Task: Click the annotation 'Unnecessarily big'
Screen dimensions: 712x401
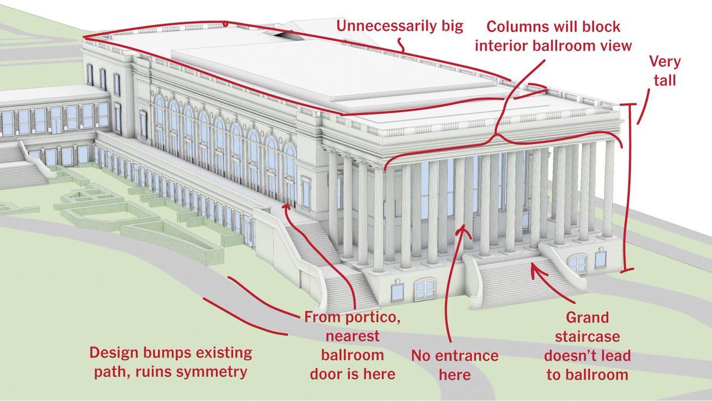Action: pyautogui.click(x=400, y=27)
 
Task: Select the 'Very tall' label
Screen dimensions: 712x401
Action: pyautogui.click(x=665, y=71)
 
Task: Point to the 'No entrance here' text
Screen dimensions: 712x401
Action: pyautogui.click(x=455, y=365)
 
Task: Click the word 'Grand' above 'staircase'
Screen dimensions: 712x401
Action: pyautogui.click(x=587, y=317)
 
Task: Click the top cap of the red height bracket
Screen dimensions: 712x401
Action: pyautogui.click(x=629, y=104)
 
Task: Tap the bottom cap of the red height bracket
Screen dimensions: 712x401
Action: pyautogui.click(x=627, y=270)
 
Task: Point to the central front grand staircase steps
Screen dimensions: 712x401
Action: pyautogui.click(x=527, y=283)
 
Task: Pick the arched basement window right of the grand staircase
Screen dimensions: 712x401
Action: pyautogui.click(x=578, y=263)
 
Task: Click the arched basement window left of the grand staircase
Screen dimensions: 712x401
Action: pyautogui.click(x=425, y=289)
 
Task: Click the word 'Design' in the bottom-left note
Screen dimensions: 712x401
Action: pyautogui.click(x=113, y=354)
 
